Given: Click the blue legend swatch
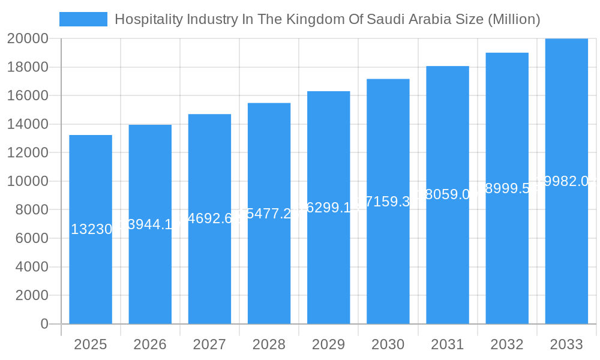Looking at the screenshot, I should click(83, 19).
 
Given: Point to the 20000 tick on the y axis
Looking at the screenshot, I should click(28, 38).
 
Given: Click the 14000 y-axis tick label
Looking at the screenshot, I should click(28, 124).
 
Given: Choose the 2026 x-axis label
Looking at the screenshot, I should click(150, 344).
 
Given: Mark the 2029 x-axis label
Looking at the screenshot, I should click(328, 344).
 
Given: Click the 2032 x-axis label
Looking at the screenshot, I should click(507, 344).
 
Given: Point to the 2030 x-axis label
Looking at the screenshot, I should click(388, 344).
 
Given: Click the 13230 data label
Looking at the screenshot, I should click(91, 229).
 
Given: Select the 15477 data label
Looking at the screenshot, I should click(269, 214).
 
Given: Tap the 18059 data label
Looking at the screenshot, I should click(448, 194).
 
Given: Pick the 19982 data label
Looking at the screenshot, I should click(566, 181).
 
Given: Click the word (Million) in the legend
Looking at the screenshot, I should click(514, 19).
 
